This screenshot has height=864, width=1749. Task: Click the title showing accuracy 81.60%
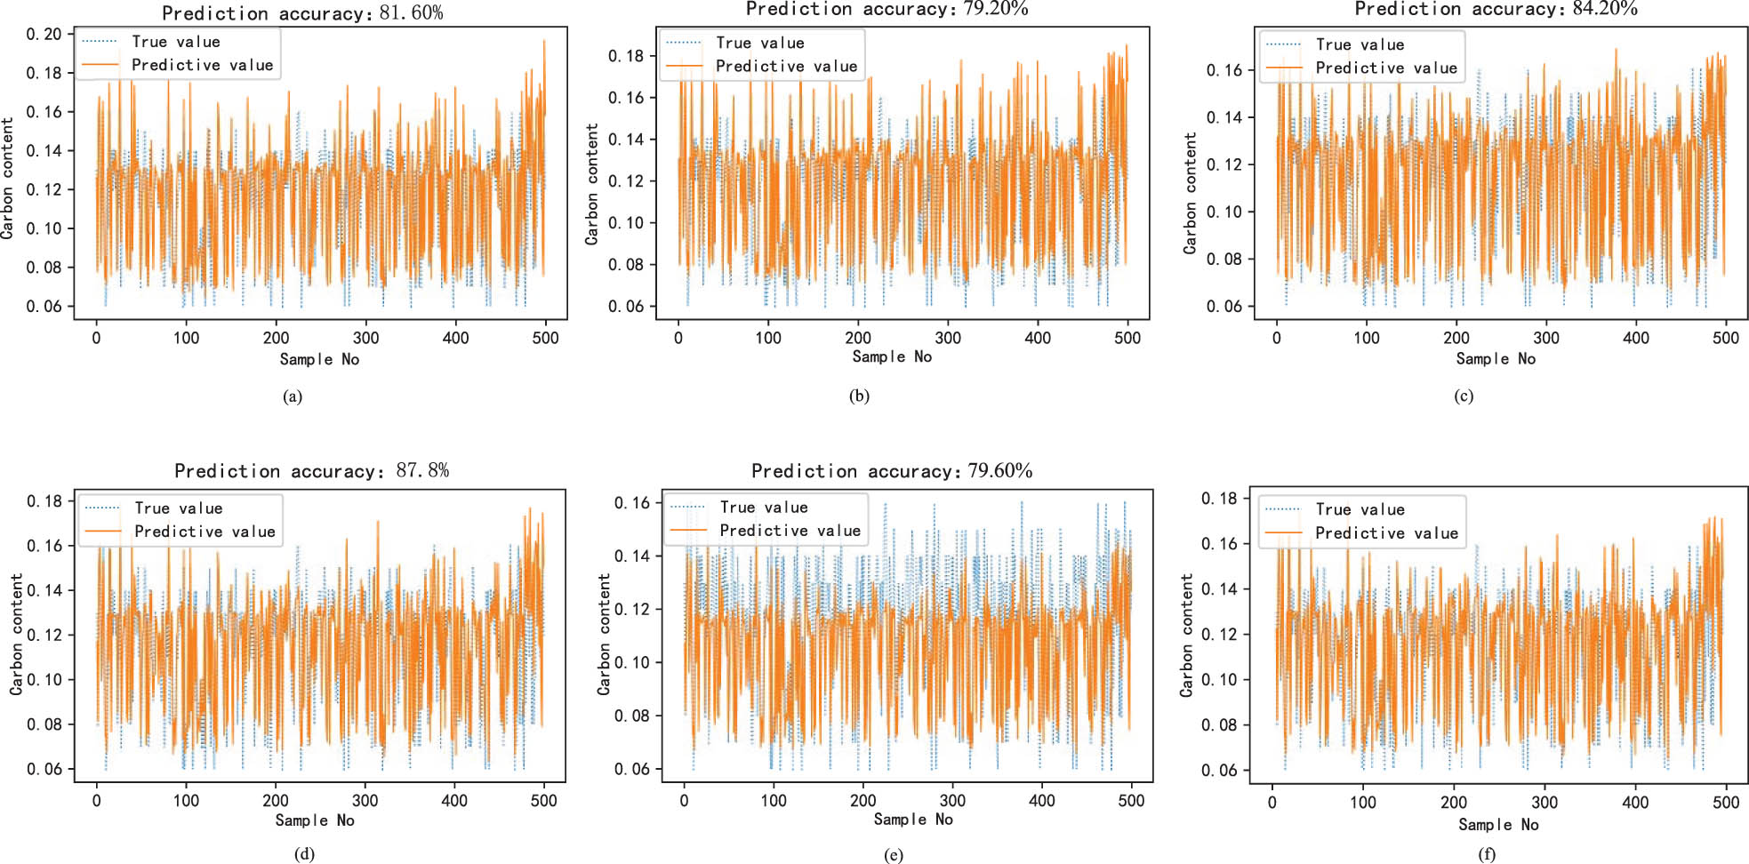302,13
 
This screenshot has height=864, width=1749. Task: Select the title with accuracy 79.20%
887,9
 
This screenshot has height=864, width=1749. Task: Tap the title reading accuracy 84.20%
1496,9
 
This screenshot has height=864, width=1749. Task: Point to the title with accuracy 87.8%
311,470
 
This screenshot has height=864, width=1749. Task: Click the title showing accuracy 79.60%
892,470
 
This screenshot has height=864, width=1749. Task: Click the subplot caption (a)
293,396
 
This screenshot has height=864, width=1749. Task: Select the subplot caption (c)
1464,396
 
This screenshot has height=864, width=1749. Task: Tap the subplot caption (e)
894,855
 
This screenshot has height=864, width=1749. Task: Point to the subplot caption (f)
1487,855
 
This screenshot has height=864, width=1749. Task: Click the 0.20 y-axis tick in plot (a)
44,35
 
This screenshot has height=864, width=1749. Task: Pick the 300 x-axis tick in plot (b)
948,338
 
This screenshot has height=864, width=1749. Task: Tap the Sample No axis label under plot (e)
912,820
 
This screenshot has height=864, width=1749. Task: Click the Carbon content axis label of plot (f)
1186,635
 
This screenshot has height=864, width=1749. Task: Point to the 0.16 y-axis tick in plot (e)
632,503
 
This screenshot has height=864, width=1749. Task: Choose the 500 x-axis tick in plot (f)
1725,802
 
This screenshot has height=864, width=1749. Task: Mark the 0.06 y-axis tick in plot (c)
1223,307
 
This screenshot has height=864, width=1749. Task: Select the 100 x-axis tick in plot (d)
186,800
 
